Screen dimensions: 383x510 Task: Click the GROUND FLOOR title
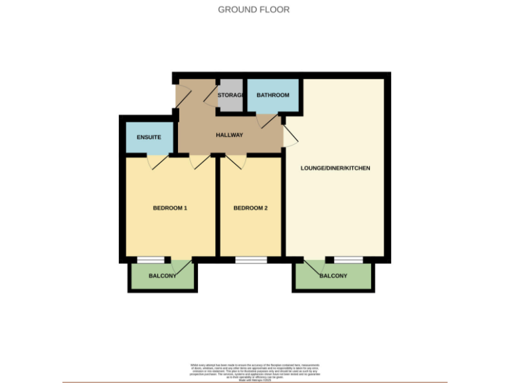[254, 9]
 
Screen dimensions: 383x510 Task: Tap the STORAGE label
[230, 96]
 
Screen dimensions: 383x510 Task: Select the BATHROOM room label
[273, 95]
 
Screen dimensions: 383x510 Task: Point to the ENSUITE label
[149, 137]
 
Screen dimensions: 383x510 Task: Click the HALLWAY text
[229, 135]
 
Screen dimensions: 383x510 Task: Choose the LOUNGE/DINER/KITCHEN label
[335, 168]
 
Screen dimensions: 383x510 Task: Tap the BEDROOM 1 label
[170, 208]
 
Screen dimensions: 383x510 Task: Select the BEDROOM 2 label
[250, 208]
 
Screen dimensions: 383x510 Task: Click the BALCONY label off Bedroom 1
[162, 276]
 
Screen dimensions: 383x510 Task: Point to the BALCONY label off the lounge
[333, 276]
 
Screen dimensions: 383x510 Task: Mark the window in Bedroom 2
[251, 260]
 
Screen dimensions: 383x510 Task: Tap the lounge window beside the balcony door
[349, 260]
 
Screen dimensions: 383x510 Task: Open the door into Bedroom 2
[236, 161]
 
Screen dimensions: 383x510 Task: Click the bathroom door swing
[267, 120]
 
